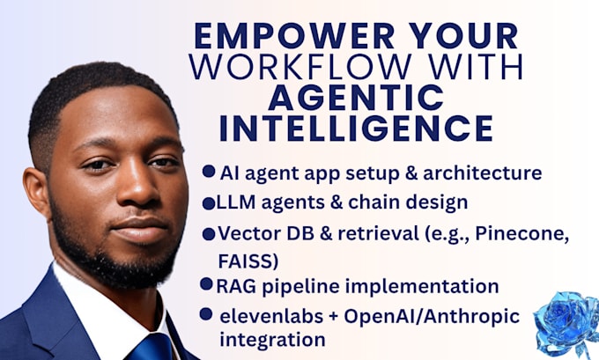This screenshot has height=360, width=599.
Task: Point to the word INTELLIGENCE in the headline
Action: [355, 128]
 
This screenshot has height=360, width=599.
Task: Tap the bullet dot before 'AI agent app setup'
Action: [209, 172]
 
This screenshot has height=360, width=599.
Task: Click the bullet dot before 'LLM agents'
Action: [209, 203]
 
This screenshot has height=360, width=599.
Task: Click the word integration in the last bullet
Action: [261, 338]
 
